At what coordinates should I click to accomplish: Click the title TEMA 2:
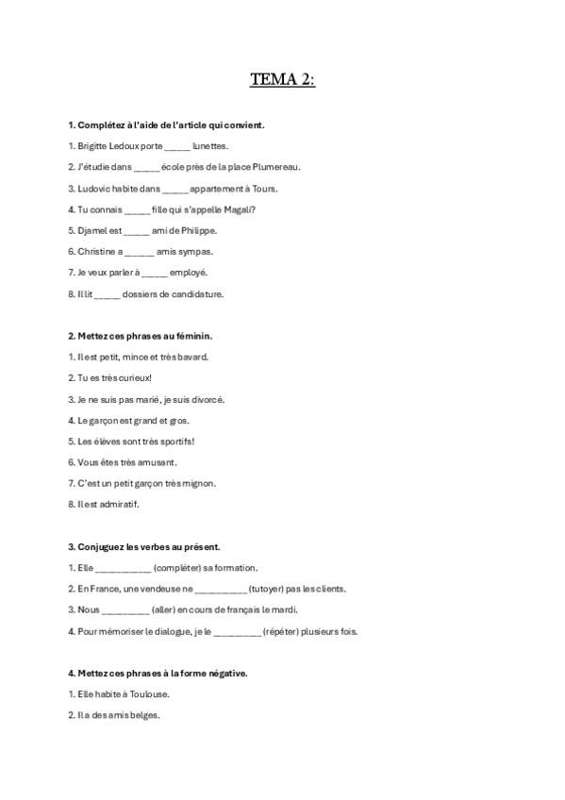click(x=282, y=80)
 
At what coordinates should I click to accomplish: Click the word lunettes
click(x=210, y=146)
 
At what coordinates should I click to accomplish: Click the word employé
click(x=189, y=273)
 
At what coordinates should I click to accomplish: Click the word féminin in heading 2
click(x=192, y=336)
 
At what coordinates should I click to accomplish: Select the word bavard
click(x=190, y=357)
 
